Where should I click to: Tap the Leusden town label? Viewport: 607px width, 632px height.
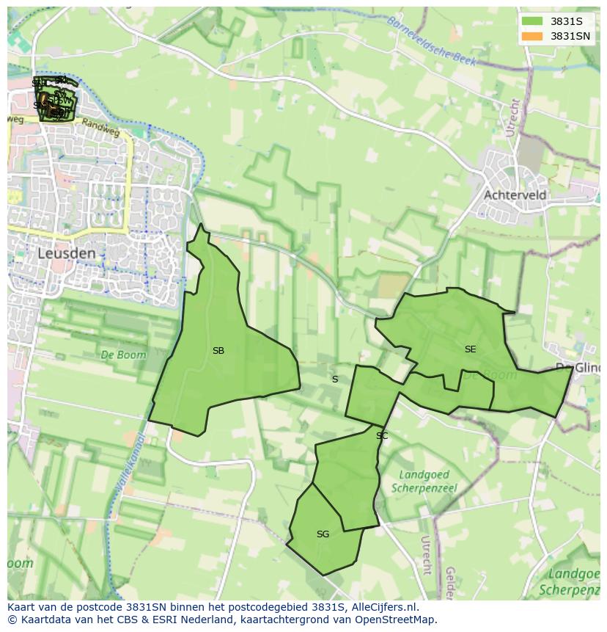click(67, 253)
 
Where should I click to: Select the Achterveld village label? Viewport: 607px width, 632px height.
click(515, 195)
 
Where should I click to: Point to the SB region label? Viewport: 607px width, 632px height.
click(218, 351)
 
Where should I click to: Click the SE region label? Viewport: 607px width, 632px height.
click(470, 349)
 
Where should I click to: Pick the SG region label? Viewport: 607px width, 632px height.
click(323, 534)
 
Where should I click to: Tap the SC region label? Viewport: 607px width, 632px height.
click(382, 436)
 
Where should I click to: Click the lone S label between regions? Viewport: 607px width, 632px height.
click(335, 379)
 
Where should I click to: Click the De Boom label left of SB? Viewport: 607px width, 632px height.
click(123, 355)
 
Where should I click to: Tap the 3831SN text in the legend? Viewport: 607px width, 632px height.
click(570, 36)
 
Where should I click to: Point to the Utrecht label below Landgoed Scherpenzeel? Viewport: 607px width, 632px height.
click(426, 554)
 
